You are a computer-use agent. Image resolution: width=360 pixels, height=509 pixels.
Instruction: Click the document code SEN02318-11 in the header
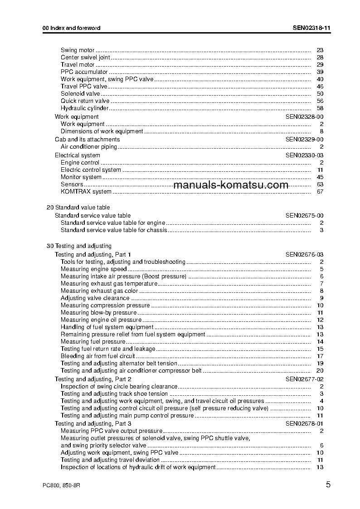point(311,28)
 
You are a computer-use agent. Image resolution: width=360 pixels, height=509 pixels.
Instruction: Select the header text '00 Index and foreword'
point(71,28)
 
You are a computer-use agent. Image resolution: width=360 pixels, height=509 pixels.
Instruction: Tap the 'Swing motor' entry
point(78,50)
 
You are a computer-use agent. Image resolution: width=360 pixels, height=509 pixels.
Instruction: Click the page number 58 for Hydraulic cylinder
point(320,108)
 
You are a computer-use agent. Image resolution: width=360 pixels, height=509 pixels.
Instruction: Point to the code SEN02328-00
point(304,117)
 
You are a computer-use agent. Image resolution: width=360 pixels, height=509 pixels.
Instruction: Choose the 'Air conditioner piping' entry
point(89,147)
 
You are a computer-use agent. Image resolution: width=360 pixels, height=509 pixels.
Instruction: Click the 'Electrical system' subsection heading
point(78,155)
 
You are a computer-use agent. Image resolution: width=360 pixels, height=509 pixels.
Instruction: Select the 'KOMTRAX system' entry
point(86,192)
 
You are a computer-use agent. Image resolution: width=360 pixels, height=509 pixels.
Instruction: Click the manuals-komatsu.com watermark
point(231,185)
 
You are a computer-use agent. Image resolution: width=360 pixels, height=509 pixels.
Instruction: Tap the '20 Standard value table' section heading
point(78,208)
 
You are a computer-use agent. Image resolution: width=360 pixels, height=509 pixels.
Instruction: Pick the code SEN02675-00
point(304,216)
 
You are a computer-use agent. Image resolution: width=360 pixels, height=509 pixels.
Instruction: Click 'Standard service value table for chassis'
point(114,230)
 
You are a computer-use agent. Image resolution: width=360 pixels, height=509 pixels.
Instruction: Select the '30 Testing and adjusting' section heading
point(79,246)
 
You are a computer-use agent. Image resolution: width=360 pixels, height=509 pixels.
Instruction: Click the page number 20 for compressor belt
point(320,371)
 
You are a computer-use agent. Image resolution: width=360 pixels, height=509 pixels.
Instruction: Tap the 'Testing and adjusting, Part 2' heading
point(93,379)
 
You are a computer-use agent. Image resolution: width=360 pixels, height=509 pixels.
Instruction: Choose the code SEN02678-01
point(304,423)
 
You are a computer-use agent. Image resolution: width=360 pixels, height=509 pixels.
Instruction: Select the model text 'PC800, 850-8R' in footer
point(61,485)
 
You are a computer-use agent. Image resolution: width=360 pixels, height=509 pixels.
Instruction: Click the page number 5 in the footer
point(328,485)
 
